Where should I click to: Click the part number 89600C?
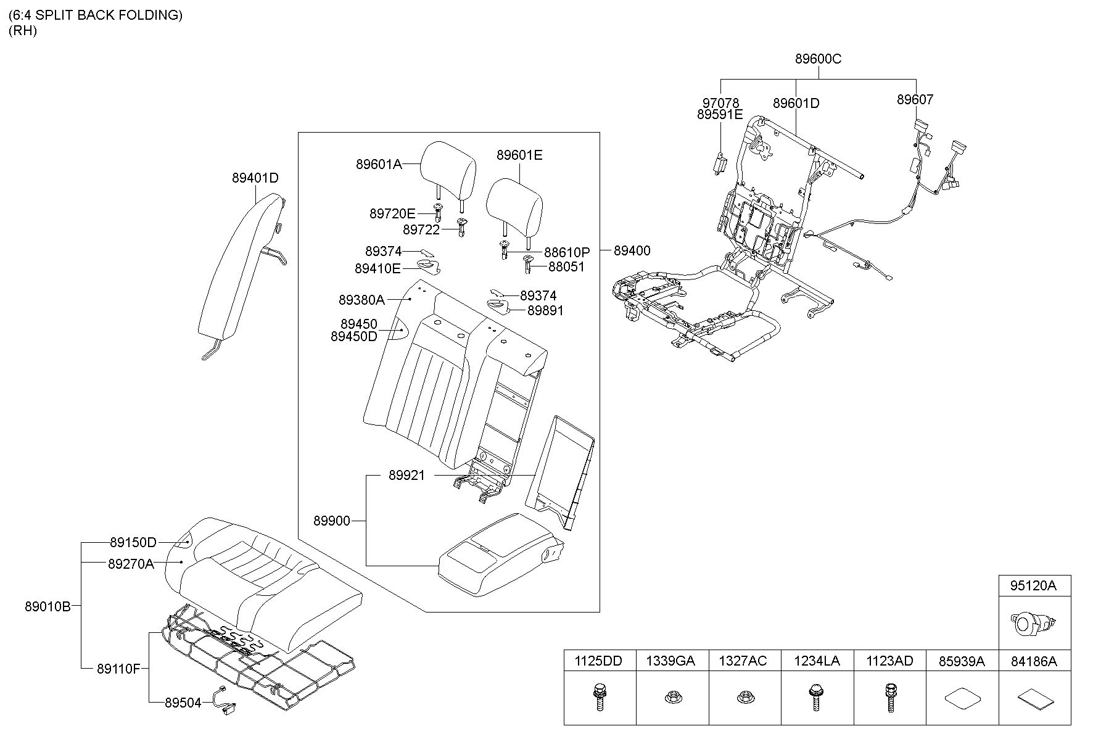click(818, 59)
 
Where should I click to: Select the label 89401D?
click(255, 178)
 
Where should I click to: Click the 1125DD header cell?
click(600, 661)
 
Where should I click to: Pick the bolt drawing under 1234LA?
click(817, 697)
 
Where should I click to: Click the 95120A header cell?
click(1034, 585)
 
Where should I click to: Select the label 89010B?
click(48, 606)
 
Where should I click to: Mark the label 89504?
click(183, 703)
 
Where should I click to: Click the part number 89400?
click(632, 250)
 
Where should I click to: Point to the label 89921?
click(406, 476)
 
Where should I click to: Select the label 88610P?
click(567, 252)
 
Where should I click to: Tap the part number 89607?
click(915, 99)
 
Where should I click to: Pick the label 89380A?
click(361, 300)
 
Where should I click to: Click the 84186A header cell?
click(1034, 661)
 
